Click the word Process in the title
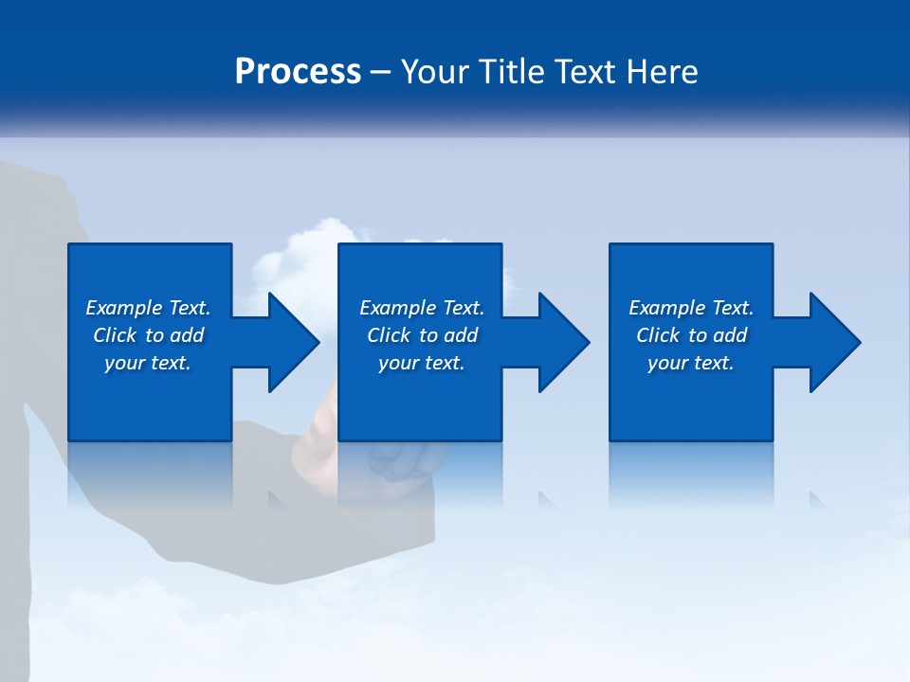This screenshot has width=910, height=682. pyautogui.click(x=298, y=72)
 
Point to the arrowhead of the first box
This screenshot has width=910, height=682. pyautogui.click(x=290, y=342)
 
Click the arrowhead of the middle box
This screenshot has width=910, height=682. pyautogui.click(x=561, y=342)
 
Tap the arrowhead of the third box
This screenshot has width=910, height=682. pyautogui.click(x=832, y=342)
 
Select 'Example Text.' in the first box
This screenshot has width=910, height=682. pyautogui.click(x=148, y=308)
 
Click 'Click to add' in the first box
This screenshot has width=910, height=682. pyautogui.click(x=148, y=335)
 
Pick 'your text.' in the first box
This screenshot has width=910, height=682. pyautogui.click(x=148, y=363)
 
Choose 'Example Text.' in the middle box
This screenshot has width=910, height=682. pyautogui.click(x=422, y=308)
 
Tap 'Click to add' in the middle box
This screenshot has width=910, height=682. pyautogui.click(x=422, y=335)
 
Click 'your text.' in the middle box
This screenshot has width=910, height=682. pyautogui.click(x=422, y=363)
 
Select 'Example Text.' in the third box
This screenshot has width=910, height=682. pyautogui.click(x=691, y=308)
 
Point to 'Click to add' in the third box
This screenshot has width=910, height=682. pyautogui.click(x=691, y=335)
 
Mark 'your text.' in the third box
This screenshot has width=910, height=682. pyautogui.click(x=691, y=363)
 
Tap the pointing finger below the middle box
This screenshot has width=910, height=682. pyautogui.click(x=322, y=417)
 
